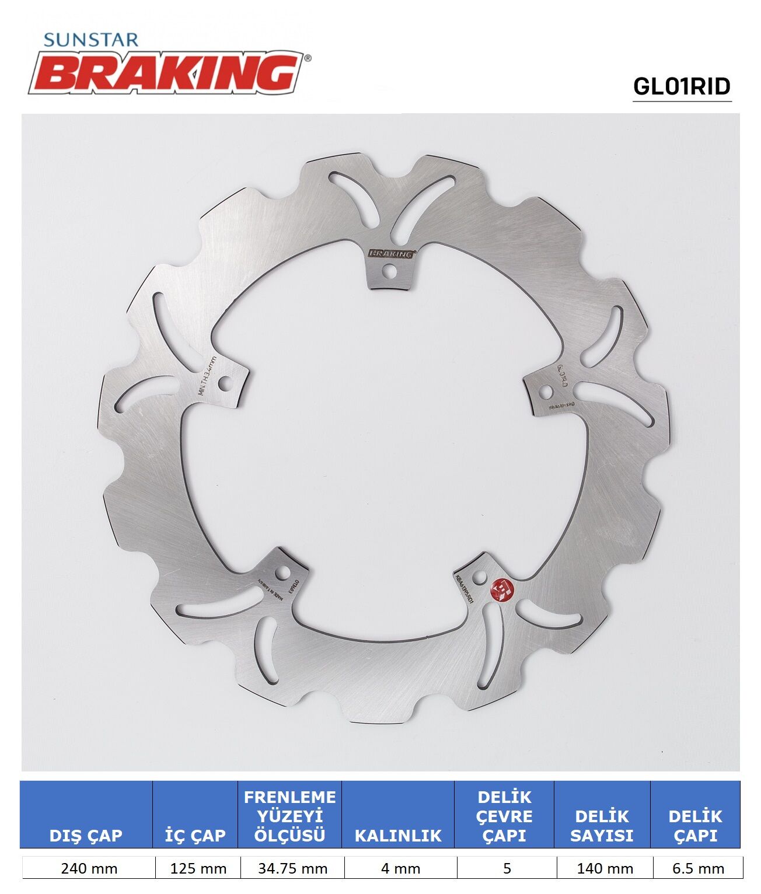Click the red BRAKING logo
tap(169, 72)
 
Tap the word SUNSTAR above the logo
tap(91, 40)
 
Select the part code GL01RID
tap(682, 86)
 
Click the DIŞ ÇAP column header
tap(86, 835)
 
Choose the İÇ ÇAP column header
tap(195, 835)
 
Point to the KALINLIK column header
tap(398, 835)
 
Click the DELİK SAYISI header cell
tap(602, 825)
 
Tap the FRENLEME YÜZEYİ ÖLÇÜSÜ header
tap(289, 816)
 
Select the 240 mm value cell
tap(89, 868)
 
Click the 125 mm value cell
tap(198, 868)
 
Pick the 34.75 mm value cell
tap(292, 868)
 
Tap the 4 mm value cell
tap(400, 868)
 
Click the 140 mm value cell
tap(605, 868)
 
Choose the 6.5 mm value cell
tap(698, 868)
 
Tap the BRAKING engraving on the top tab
tap(391, 254)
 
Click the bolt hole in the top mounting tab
tap(389, 271)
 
